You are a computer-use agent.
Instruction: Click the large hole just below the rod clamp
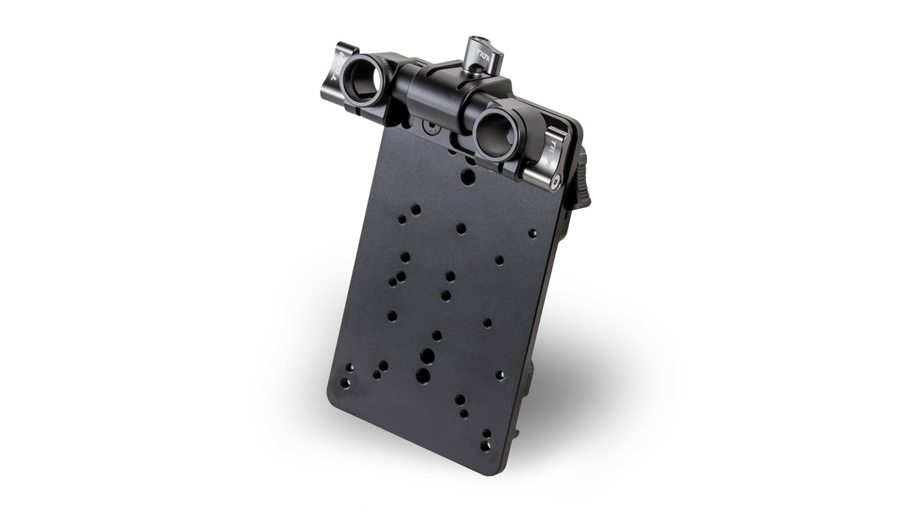pos(467,177)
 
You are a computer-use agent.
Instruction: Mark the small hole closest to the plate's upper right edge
pos(532,234)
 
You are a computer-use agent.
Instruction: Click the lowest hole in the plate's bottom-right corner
pos(485,445)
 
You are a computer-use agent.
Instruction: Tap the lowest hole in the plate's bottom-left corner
pos(345,383)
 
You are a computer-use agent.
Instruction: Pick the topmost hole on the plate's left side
pos(416,210)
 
